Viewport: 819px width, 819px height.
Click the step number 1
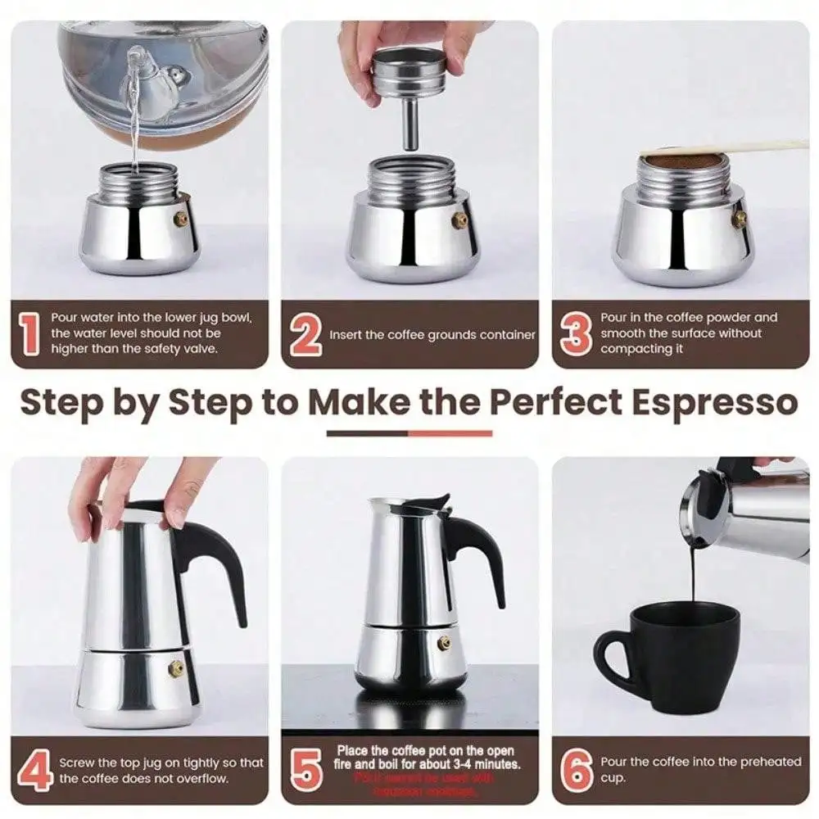30,334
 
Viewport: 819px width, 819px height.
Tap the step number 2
305,334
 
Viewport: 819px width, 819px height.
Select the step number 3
576,334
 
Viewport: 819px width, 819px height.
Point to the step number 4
35,771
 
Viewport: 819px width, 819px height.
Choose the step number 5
306,771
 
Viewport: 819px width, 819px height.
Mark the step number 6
577,771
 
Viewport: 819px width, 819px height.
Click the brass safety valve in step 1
180,219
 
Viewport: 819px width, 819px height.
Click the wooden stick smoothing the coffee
737,147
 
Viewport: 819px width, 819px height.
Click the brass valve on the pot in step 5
444,643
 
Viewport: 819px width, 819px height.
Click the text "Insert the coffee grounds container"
432,335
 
